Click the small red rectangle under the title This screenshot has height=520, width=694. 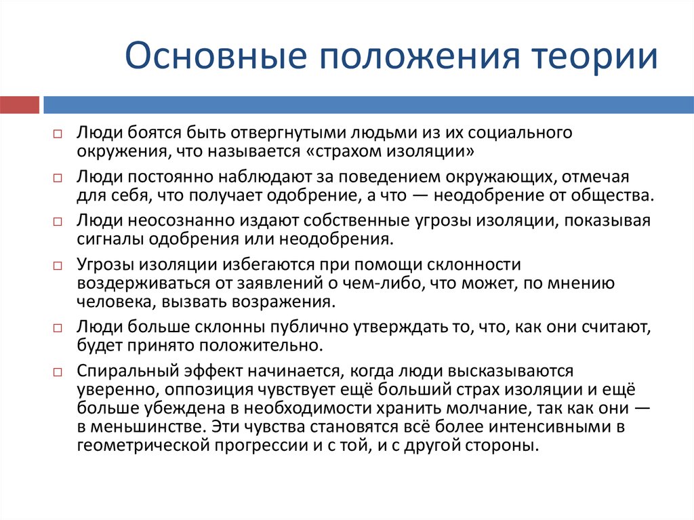pyautogui.click(x=20, y=105)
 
